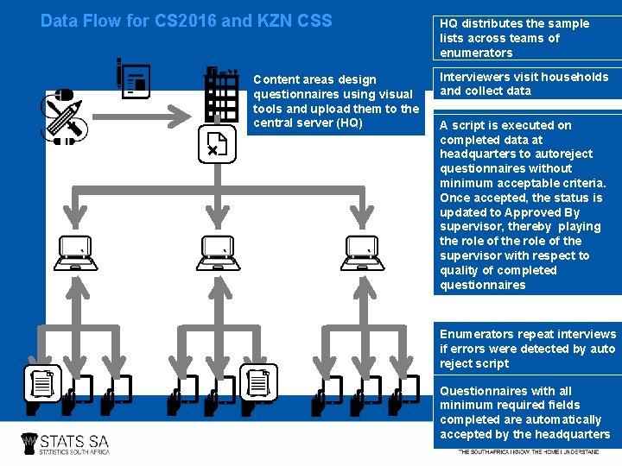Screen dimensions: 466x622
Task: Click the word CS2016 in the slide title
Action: pos(183,21)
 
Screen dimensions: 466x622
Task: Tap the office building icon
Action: pos(221,95)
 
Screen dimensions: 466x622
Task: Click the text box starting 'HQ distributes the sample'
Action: pos(525,38)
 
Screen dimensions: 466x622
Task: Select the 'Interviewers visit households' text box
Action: pos(525,84)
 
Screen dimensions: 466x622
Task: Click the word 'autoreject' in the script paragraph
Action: pos(564,154)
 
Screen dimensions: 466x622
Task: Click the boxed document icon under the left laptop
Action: pos(41,383)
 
